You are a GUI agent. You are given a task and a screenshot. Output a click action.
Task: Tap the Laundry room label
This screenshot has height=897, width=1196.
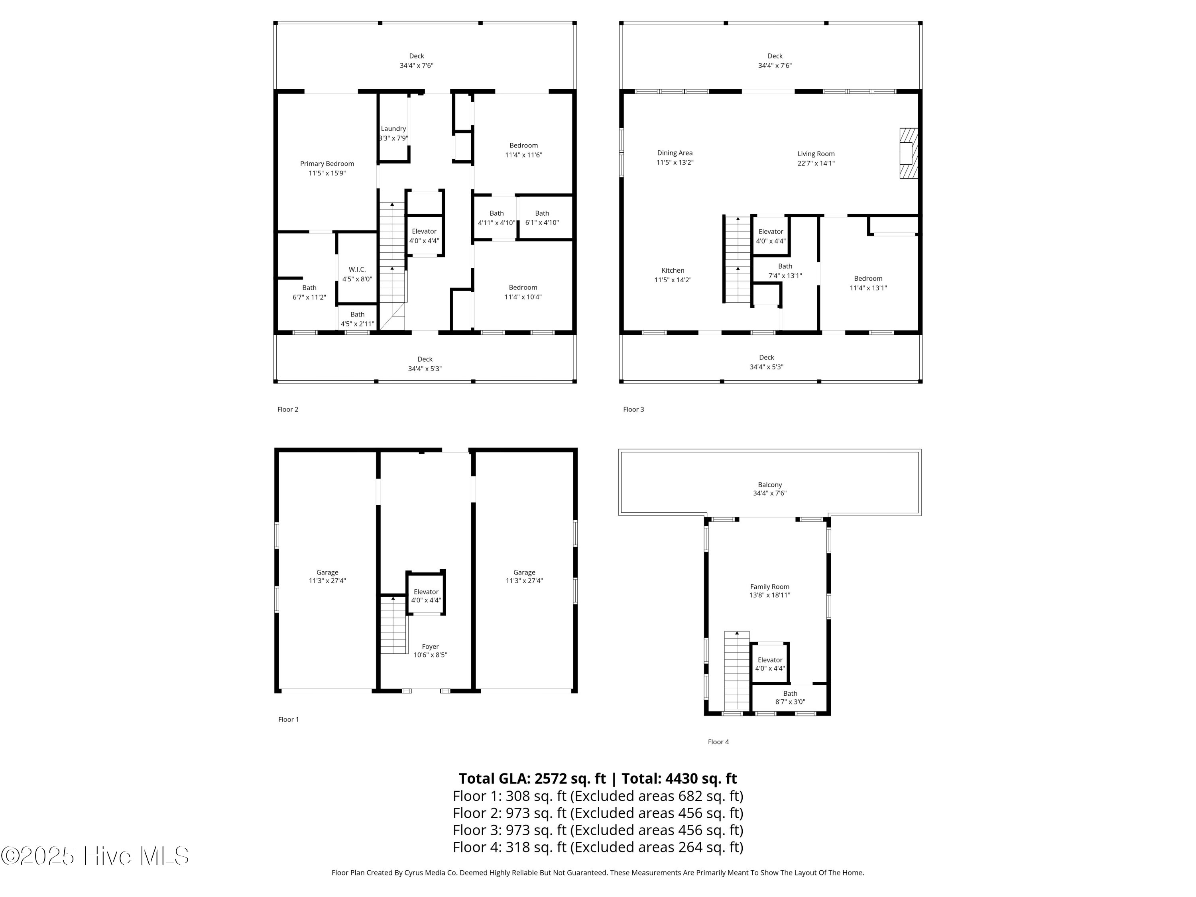click(x=393, y=133)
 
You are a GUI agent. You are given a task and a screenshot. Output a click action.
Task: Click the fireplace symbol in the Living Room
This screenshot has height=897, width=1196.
click(x=908, y=153)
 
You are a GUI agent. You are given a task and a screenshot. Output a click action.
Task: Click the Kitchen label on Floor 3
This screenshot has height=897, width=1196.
click(x=673, y=275)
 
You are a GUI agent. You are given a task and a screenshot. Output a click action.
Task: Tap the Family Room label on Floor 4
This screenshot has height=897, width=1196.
click(x=769, y=590)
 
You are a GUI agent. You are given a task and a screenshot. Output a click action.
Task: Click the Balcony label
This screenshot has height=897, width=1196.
click(x=769, y=489)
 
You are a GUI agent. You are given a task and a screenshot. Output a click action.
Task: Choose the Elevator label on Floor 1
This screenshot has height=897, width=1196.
click(x=426, y=595)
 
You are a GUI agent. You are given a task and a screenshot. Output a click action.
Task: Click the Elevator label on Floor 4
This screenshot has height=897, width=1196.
click(x=770, y=664)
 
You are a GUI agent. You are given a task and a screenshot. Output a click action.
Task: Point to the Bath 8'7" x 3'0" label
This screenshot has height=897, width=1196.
click(x=790, y=698)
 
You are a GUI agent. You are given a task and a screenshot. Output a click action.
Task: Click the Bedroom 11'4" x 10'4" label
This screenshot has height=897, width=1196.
click(x=523, y=292)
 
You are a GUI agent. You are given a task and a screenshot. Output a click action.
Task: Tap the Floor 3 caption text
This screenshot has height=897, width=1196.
click(x=633, y=409)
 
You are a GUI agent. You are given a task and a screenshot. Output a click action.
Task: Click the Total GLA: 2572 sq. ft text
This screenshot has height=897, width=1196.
click(x=532, y=778)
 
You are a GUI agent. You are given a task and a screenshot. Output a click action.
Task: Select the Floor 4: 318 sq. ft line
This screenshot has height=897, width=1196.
click(x=598, y=847)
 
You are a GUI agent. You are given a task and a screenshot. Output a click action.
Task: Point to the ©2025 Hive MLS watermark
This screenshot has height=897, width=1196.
click(x=94, y=856)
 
